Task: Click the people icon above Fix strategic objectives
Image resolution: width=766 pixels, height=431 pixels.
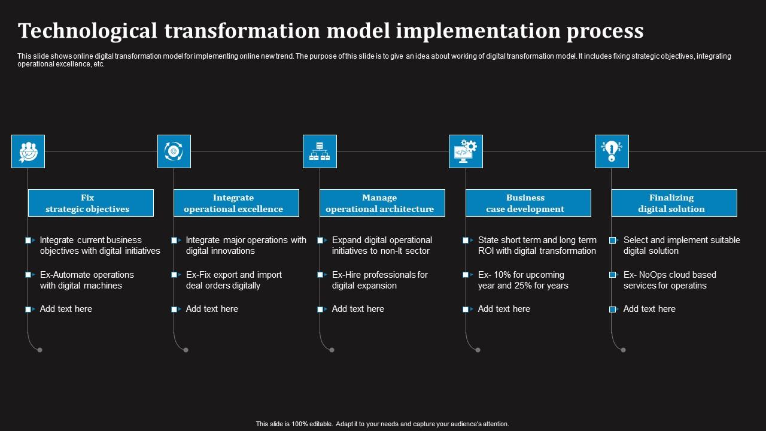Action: pyautogui.click(x=28, y=151)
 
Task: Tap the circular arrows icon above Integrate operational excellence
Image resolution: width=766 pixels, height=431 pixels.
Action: pyautogui.click(x=174, y=151)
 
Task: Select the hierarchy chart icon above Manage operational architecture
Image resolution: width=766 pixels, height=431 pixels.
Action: pyautogui.click(x=320, y=151)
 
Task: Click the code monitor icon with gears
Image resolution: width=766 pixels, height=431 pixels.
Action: pyautogui.click(x=466, y=151)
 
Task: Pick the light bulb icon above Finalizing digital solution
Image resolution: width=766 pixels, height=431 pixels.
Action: pyautogui.click(x=611, y=151)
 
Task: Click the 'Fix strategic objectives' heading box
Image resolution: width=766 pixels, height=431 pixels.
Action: pyautogui.click(x=91, y=203)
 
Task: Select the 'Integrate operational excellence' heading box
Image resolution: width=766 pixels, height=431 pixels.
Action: pyautogui.click(x=236, y=203)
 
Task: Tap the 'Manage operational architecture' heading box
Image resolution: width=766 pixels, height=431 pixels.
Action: pyautogui.click(x=382, y=203)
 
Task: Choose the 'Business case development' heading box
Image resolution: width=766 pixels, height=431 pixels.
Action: pyautogui.click(x=528, y=203)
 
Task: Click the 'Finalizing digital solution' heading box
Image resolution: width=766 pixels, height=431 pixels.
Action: pyautogui.click(x=674, y=203)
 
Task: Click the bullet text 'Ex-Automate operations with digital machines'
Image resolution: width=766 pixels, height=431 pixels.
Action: pyautogui.click(x=87, y=280)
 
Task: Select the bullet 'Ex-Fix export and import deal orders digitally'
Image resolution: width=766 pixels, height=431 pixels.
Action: pyautogui.click(x=233, y=280)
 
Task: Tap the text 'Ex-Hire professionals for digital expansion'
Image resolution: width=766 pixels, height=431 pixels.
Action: pyautogui.click(x=379, y=280)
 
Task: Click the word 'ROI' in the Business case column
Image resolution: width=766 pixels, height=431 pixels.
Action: pyautogui.click(x=487, y=251)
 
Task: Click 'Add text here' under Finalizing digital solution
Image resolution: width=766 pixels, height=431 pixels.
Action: pyautogui.click(x=649, y=309)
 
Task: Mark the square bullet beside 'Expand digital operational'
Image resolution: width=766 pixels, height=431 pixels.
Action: pyautogui.click(x=321, y=240)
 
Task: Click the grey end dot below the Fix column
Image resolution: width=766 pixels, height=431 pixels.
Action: pyautogui.click(x=40, y=350)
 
